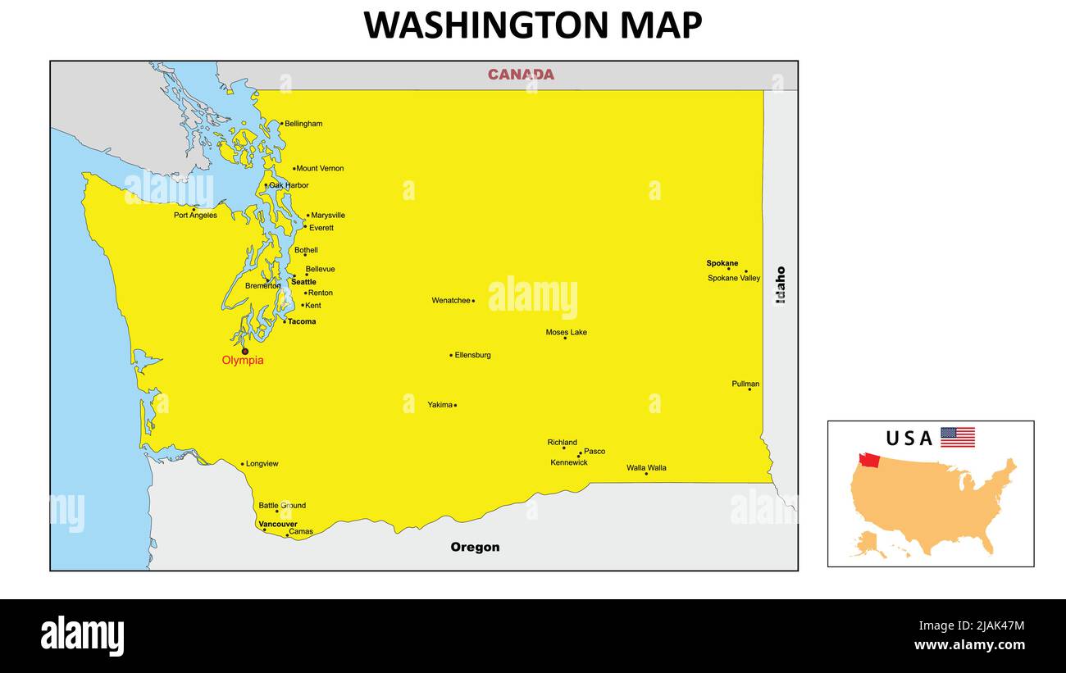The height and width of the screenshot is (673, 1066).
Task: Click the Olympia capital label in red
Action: click(x=243, y=361)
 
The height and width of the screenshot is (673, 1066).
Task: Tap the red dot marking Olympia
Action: click(x=244, y=351)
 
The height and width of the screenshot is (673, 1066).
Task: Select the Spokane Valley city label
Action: click(x=734, y=279)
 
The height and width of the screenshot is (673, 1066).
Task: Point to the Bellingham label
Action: click(x=303, y=124)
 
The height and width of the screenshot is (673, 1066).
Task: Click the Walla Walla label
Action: click(x=646, y=468)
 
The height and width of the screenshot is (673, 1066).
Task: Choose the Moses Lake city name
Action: click(x=566, y=332)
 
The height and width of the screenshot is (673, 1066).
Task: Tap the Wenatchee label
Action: click(x=451, y=301)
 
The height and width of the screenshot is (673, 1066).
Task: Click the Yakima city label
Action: click(x=440, y=405)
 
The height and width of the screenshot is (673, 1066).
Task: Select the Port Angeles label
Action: click(x=195, y=216)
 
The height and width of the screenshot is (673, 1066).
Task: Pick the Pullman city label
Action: click(x=745, y=384)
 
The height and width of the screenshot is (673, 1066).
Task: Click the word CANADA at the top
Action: click(x=521, y=75)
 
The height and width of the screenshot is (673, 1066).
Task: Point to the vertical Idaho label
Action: click(x=780, y=284)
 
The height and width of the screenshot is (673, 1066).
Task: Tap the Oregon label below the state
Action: click(x=475, y=548)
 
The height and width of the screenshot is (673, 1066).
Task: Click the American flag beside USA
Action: click(x=957, y=437)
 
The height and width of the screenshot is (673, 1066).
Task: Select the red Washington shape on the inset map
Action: click(x=869, y=461)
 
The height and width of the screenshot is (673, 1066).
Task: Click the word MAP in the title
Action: click(x=660, y=25)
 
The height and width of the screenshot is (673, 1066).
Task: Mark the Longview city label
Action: click(x=262, y=464)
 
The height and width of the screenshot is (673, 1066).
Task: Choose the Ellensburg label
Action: click(x=473, y=355)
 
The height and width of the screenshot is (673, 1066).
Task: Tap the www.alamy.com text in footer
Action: click(x=969, y=645)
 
